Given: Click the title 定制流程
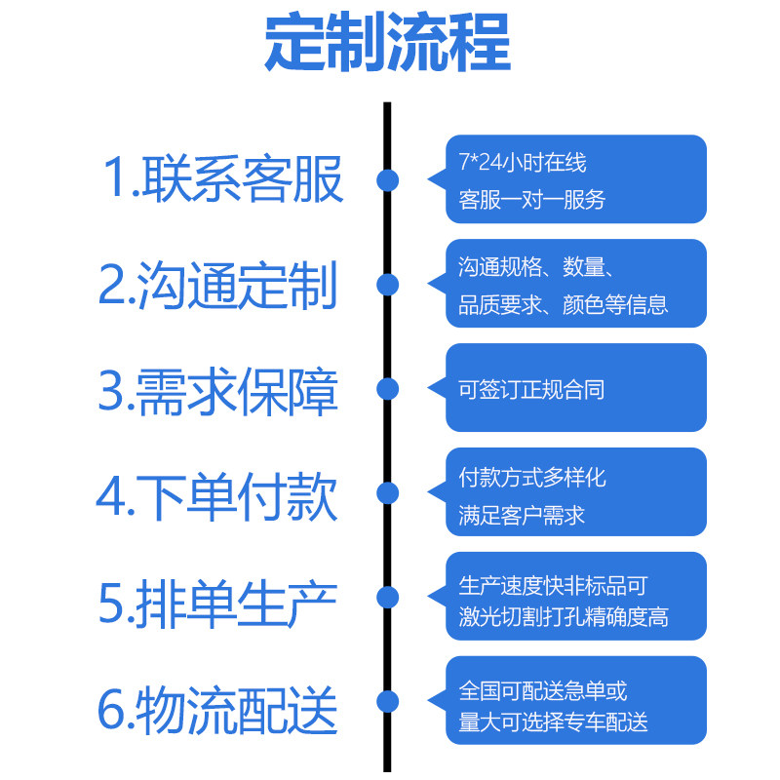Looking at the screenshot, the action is point(387,42).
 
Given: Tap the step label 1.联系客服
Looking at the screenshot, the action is point(222,178).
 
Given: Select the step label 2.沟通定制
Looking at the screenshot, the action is point(217,285).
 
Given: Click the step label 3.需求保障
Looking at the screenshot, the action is point(217,392).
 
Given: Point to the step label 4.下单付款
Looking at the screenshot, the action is point(216,496).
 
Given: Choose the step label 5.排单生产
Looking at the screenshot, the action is point(217,604).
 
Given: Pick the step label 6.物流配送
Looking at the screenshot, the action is point(217,710).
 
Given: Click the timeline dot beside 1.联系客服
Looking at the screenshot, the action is point(387,180).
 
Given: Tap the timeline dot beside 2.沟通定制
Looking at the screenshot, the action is point(387,285).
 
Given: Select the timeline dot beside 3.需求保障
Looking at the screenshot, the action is point(387,388).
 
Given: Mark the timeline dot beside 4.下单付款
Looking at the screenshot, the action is point(387,493).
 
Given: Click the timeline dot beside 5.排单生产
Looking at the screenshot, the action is point(387,597).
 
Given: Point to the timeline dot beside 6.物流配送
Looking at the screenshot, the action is point(387,701).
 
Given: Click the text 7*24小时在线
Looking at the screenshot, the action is point(523,162).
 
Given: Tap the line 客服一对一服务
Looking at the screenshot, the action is point(531,200).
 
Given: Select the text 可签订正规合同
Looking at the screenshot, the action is point(531,389).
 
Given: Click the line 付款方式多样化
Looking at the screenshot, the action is point(532,478).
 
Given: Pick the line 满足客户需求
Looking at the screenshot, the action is point(522,516).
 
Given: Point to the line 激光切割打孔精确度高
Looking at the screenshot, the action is point(564,617).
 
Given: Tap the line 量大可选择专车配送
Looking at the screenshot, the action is point(553,722).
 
